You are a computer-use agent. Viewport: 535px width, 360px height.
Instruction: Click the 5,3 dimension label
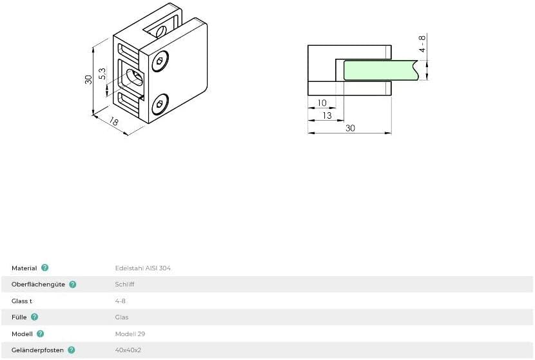coord(102,74)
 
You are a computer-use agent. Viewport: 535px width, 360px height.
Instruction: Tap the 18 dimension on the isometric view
coord(114,121)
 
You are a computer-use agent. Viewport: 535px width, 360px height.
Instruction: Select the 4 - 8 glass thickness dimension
coord(422,44)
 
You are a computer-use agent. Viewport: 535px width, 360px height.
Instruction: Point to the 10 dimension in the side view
coord(322,103)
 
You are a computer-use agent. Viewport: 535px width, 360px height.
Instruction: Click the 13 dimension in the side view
coord(327,115)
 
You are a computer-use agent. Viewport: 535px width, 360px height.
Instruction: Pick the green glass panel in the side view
coord(380,70)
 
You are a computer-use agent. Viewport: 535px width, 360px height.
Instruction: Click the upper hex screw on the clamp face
coord(160,61)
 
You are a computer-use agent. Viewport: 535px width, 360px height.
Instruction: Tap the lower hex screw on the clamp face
coord(160,104)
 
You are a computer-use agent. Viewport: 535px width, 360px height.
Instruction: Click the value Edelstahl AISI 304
coord(142,268)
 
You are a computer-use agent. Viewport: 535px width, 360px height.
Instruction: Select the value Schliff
coord(124,284)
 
